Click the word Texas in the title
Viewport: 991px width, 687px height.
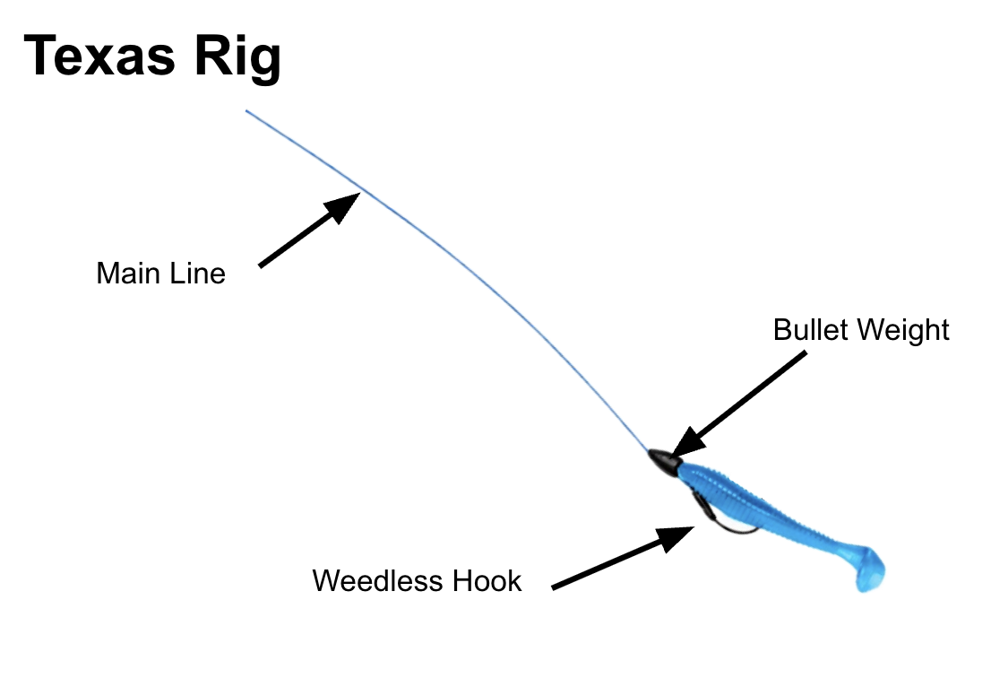(101, 56)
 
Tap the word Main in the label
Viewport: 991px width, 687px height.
(125, 273)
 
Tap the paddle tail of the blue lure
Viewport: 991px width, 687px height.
(869, 570)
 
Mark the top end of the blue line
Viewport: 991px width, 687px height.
(248, 112)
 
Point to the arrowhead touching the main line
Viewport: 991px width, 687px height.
(345, 204)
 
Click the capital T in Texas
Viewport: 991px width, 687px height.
(40, 56)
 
